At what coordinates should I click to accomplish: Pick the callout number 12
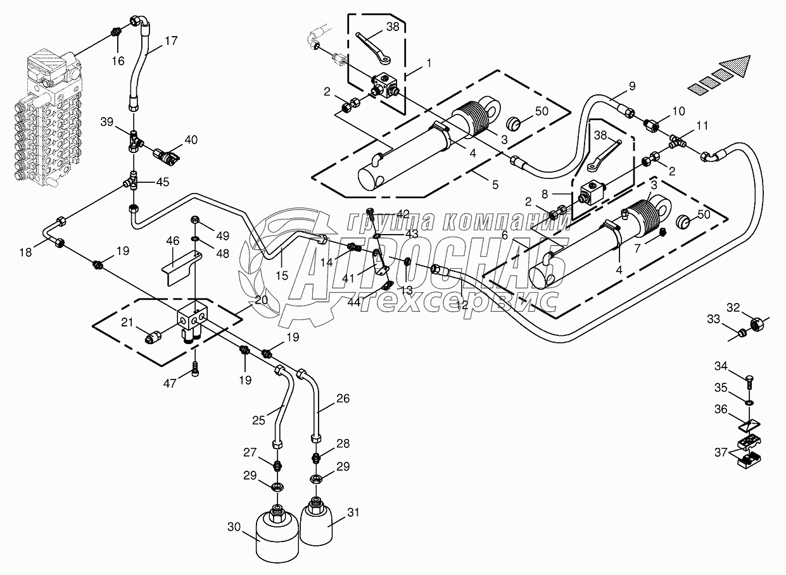[x=462, y=304]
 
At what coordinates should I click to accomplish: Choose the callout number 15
[x=282, y=275]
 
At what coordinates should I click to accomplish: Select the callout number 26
[x=343, y=399]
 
